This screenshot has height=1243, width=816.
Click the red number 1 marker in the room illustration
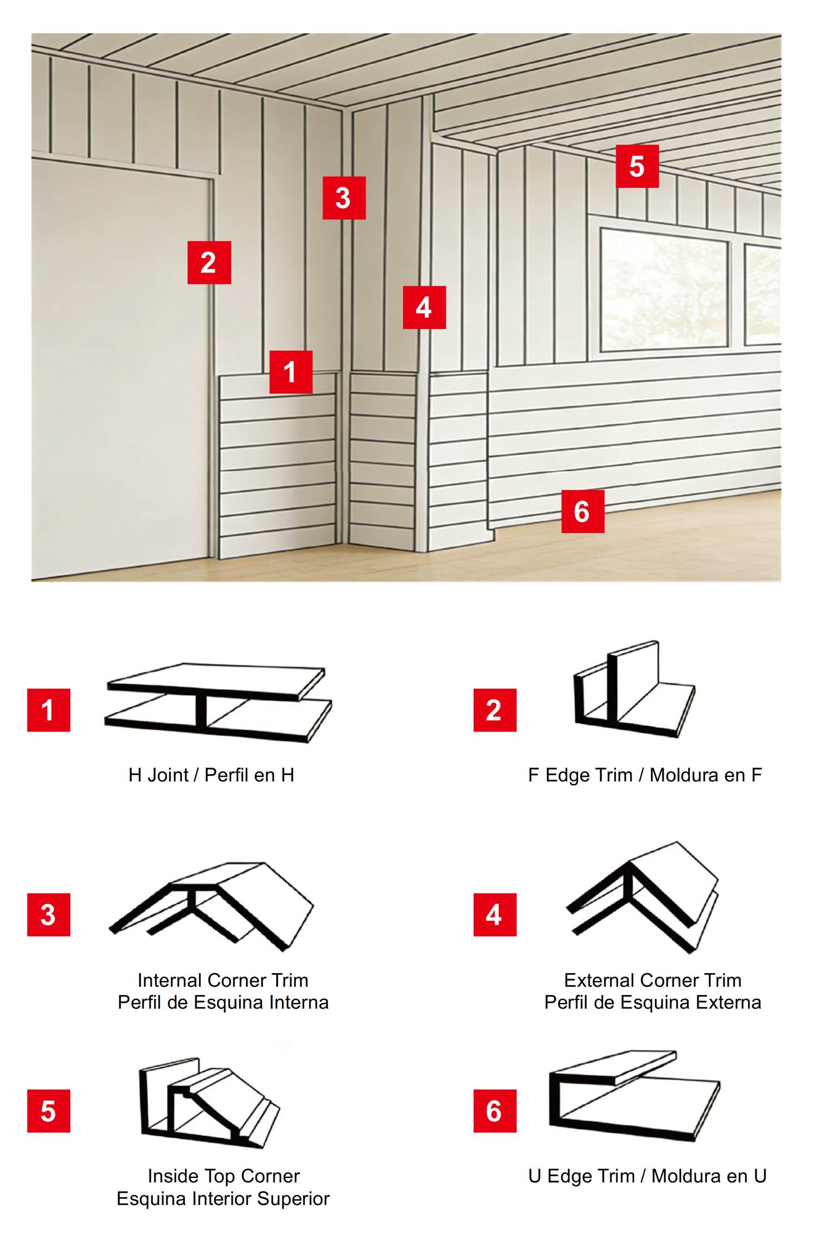pos(291,372)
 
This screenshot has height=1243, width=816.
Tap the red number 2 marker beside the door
pos(209,263)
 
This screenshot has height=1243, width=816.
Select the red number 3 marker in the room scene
pos(344,198)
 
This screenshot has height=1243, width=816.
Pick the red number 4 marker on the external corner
pos(424,307)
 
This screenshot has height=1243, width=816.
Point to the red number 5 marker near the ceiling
pos(638,166)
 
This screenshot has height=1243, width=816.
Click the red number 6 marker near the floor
pos(583,511)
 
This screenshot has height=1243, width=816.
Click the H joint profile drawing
pos(218,703)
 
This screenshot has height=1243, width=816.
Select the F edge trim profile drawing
pos(634,689)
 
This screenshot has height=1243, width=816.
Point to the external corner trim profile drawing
pos(642,898)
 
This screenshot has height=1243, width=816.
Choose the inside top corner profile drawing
pos(209,1103)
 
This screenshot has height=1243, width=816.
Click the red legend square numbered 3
pos(49,915)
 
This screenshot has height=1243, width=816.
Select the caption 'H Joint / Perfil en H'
pos(212,775)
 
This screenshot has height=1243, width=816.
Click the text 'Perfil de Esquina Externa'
pos(653,1003)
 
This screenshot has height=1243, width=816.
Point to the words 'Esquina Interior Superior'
pos(223,1198)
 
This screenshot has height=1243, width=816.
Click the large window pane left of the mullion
pos(664,289)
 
